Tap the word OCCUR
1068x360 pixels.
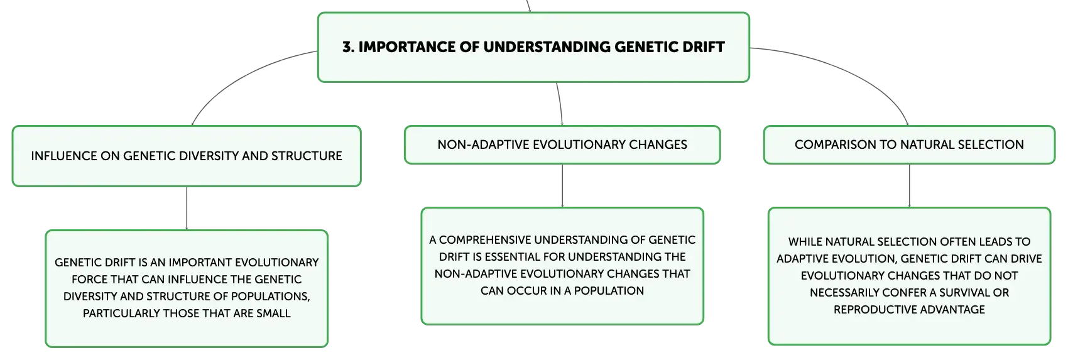pyautogui.click(x=523, y=291)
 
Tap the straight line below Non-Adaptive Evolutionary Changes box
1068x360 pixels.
pyautogui.click(x=562, y=186)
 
